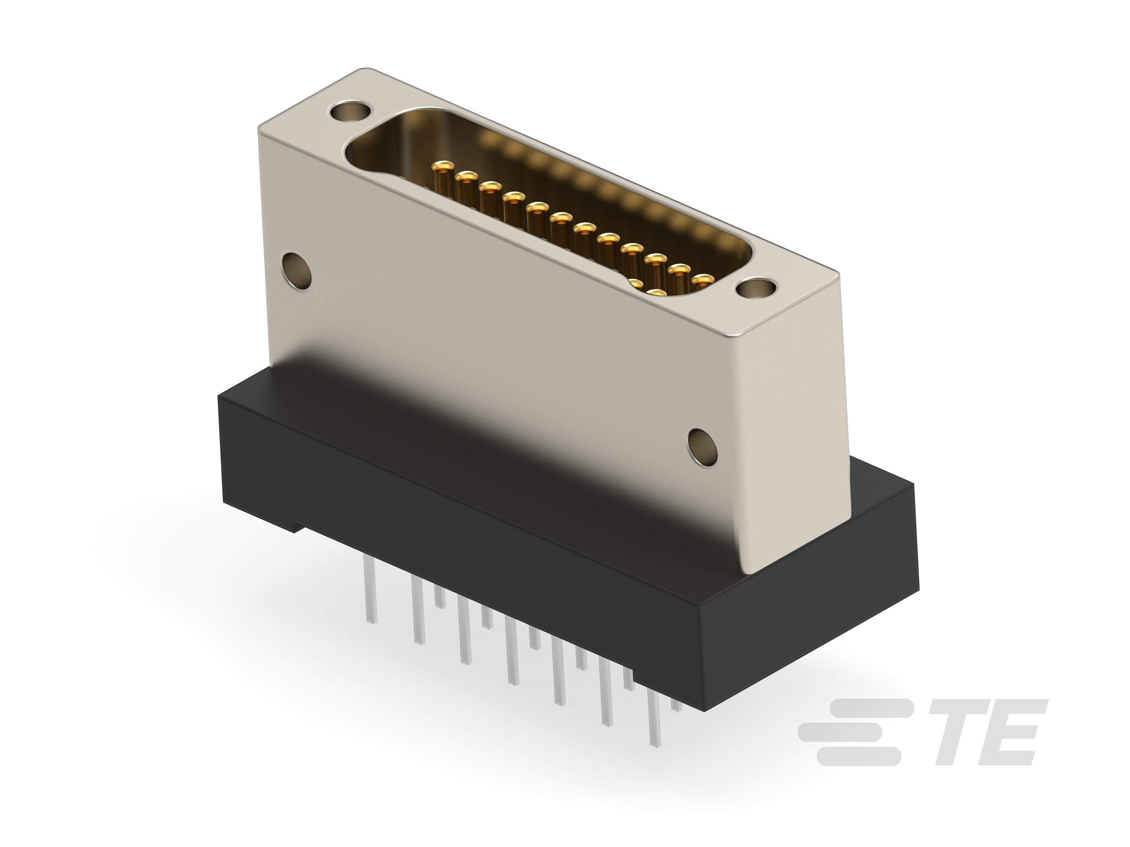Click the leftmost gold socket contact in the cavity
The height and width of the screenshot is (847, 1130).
(x=443, y=167)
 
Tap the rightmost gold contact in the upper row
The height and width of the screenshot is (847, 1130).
(x=704, y=279)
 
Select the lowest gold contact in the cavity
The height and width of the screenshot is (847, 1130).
(x=658, y=293)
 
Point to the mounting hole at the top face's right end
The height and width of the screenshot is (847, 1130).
(x=756, y=287)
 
